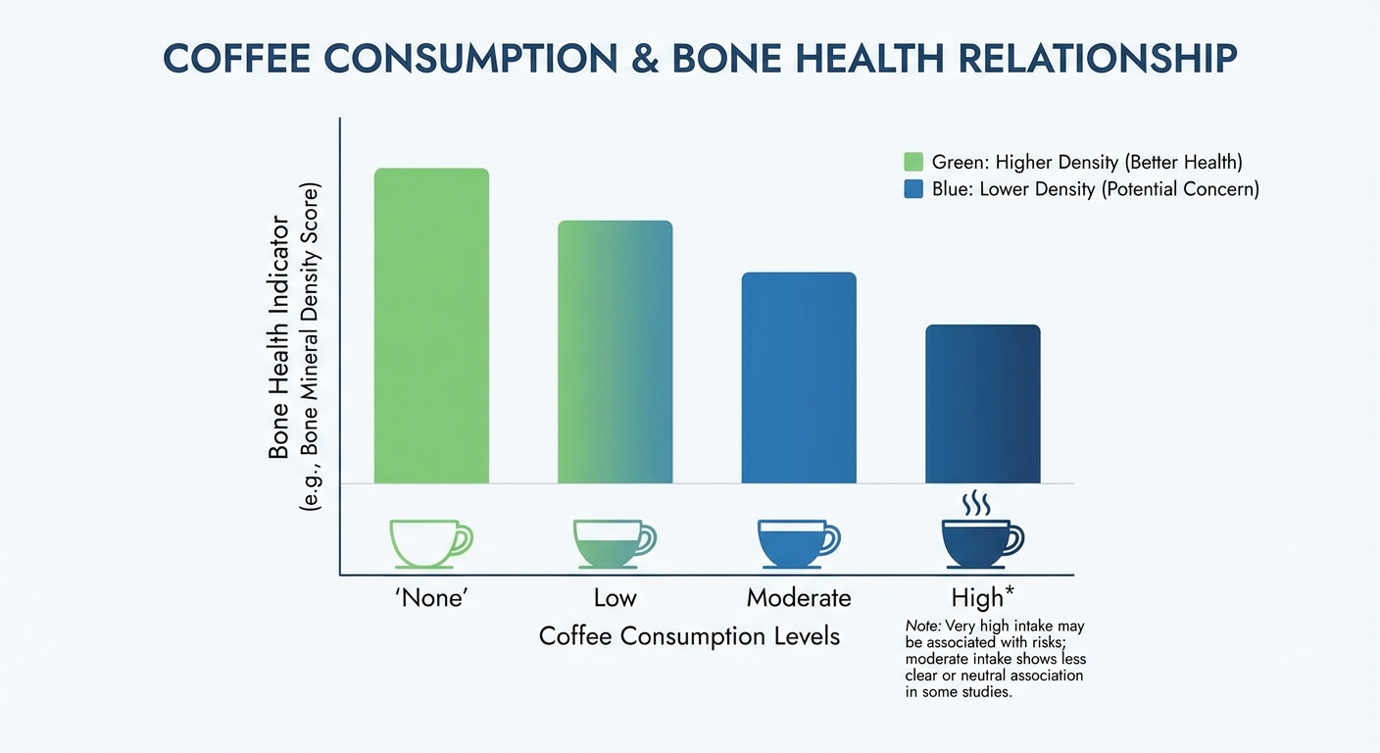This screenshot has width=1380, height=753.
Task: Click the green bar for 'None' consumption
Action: coord(431,326)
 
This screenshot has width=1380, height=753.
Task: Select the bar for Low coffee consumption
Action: coord(615,352)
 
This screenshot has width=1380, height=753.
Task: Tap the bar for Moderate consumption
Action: coord(799,377)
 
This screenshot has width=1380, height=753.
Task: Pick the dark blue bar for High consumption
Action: coord(982,404)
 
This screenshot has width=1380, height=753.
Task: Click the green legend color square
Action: coord(913,162)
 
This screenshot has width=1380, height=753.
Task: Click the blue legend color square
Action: coord(913,189)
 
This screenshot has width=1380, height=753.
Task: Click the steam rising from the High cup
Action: coord(976,504)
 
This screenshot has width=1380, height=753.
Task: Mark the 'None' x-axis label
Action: coord(430,598)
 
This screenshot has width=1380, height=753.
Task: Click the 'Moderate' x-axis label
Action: coord(799,598)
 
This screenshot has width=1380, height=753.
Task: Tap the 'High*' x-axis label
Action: coord(982,597)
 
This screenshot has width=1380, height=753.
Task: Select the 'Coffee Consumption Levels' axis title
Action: coord(689,635)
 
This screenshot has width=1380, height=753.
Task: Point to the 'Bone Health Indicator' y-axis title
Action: coord(278,336)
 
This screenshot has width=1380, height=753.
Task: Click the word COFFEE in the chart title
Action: coord(242,59)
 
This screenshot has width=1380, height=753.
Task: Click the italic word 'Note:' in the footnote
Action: coord(924,626)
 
